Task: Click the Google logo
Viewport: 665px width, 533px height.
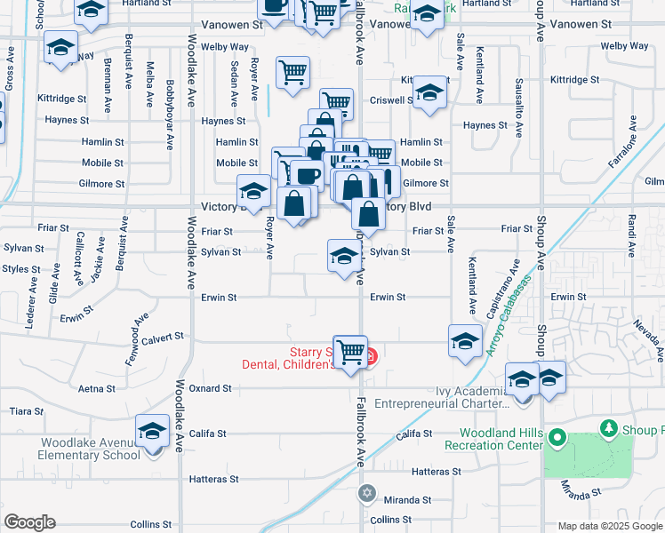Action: [x=29, y=522]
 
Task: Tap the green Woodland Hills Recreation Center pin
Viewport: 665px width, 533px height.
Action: [x=557, y=438]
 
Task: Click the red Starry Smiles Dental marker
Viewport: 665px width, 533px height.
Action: [x=370, y=358]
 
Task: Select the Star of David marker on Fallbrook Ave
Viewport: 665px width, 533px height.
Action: [x=366, y=492]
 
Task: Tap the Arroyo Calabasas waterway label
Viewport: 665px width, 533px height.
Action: [x=508, y=323]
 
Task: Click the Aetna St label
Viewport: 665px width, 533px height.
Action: [x=97, y=389]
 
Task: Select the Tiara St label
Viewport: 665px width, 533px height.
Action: [x=20, y=411]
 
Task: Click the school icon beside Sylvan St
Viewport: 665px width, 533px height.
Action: [x=344, y=257]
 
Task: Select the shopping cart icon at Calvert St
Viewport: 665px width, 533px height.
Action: [x=351, y=352]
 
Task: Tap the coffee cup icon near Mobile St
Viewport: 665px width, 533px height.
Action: [x=307, y=176]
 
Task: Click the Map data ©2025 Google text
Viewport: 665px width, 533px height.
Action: [x=610, y=526]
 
